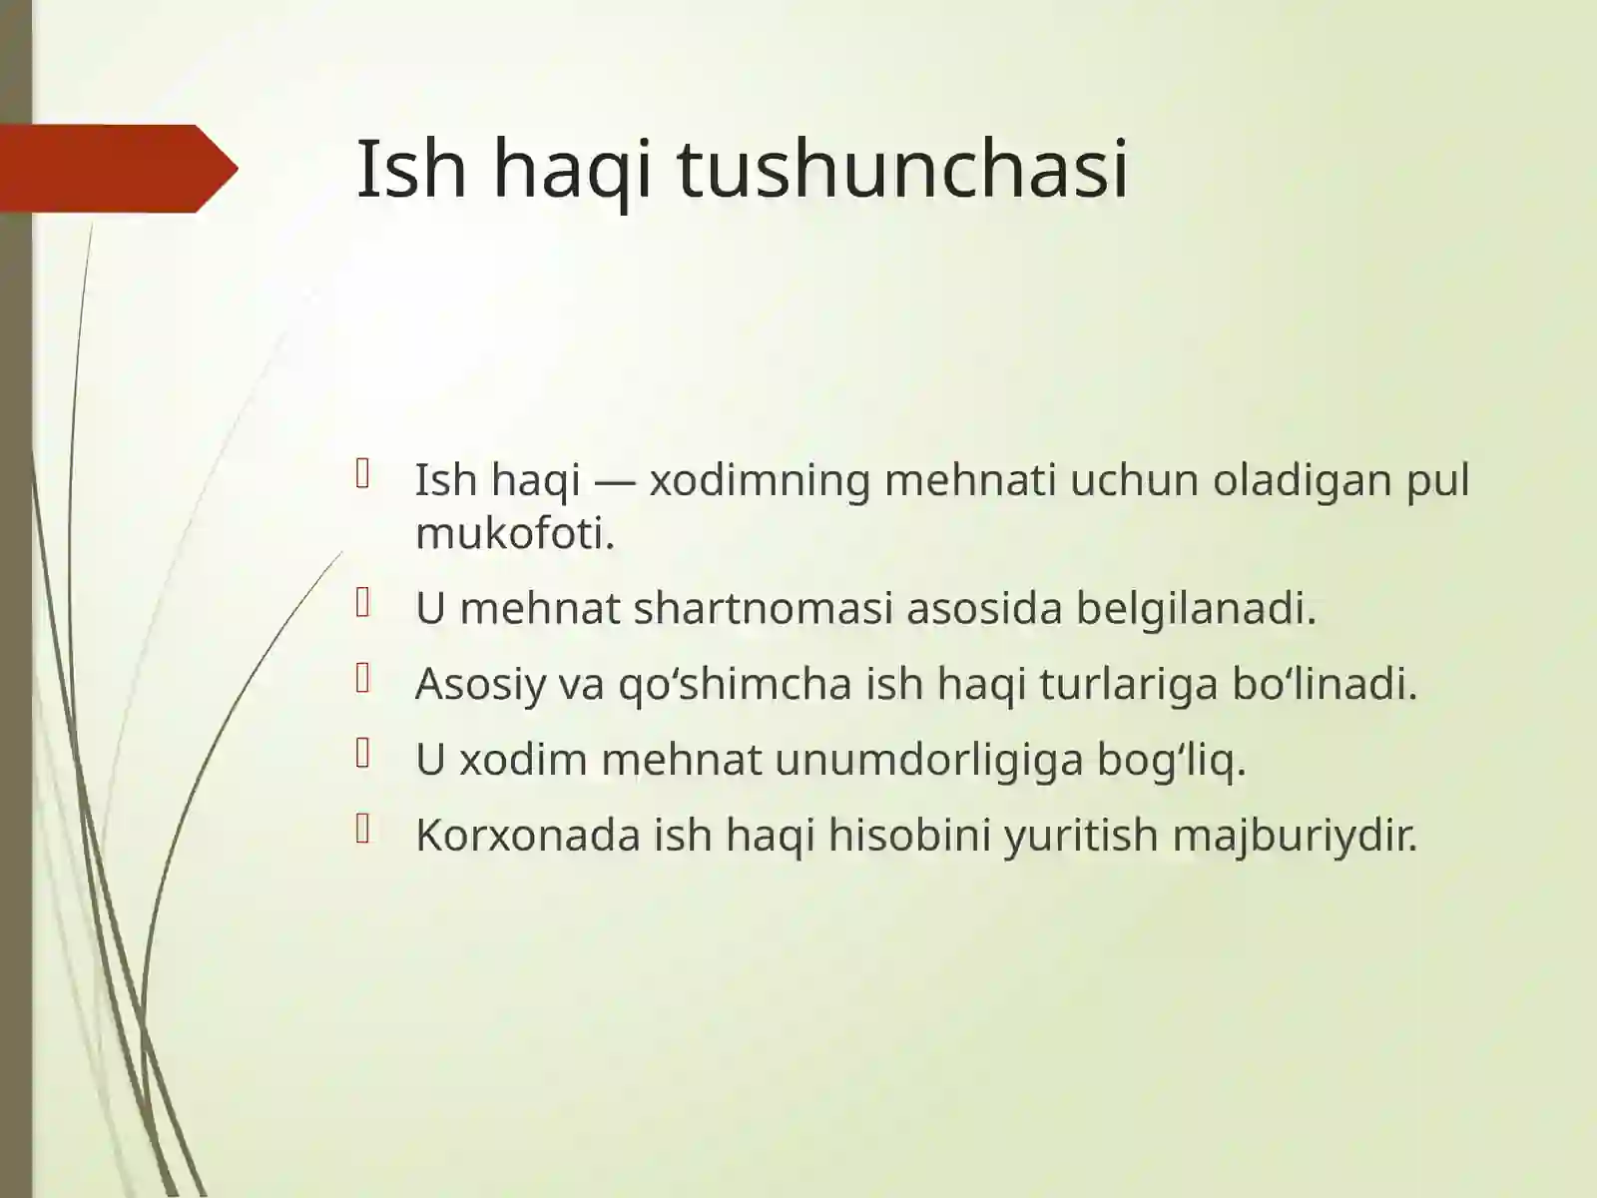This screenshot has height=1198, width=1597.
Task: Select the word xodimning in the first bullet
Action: pos(760,480)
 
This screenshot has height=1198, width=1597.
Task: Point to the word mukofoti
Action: pos(513,535)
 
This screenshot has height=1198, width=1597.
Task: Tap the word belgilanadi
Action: pos(1196,608)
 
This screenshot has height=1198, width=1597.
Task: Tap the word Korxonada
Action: pos(527,836)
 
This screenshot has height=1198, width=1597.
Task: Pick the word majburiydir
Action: pos(1295,836)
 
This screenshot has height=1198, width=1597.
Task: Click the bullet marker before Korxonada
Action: pos(363,829)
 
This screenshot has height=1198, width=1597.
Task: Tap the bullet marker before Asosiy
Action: pos(363,678)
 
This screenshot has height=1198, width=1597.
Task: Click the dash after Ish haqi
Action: pos(615,482)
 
